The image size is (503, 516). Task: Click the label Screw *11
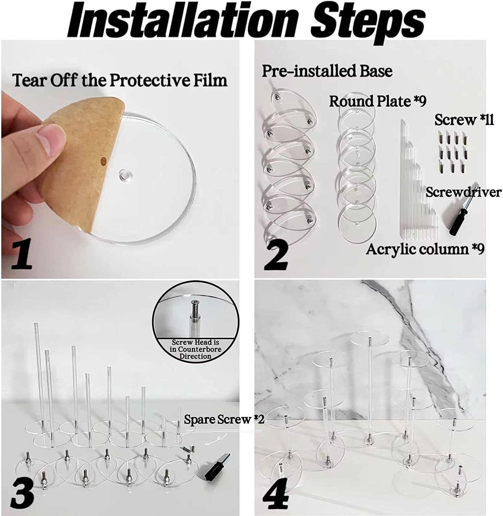(x=464, y=120)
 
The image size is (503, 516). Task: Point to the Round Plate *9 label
(x=378, y=101)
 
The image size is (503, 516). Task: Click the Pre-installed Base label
(x=327, y=71)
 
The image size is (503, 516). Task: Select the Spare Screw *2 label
(x=224, y=420)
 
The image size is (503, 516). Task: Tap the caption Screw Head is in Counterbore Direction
(x=195, y=350)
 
